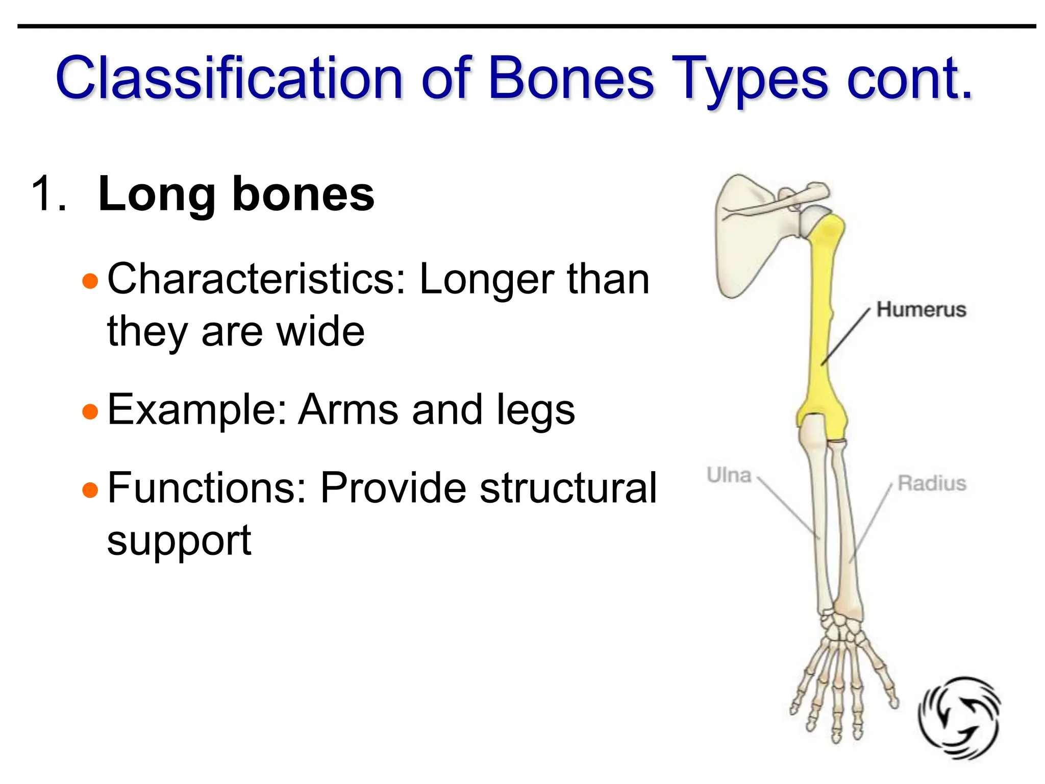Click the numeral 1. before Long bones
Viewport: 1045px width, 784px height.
click(48, 194)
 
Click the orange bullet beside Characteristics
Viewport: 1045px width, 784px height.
click(90, 281)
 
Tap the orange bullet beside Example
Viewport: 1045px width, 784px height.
click(90, 411)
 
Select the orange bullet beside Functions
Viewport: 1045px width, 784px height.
click(90, 489)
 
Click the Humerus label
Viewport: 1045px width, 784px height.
click(921, 310)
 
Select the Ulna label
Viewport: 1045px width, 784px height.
click(729, 475)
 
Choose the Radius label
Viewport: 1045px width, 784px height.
click(932, 483)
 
